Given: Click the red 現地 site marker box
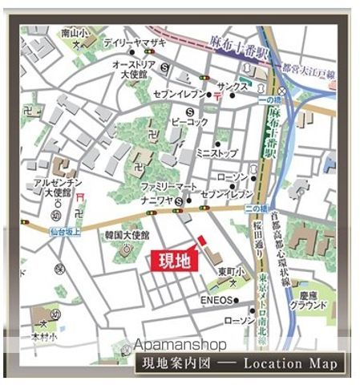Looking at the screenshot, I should click(171, 261).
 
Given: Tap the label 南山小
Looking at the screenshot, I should click(72, 34).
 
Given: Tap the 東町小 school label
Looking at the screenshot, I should click(227, 269).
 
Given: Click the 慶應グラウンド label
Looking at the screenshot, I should click(309, 300).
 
